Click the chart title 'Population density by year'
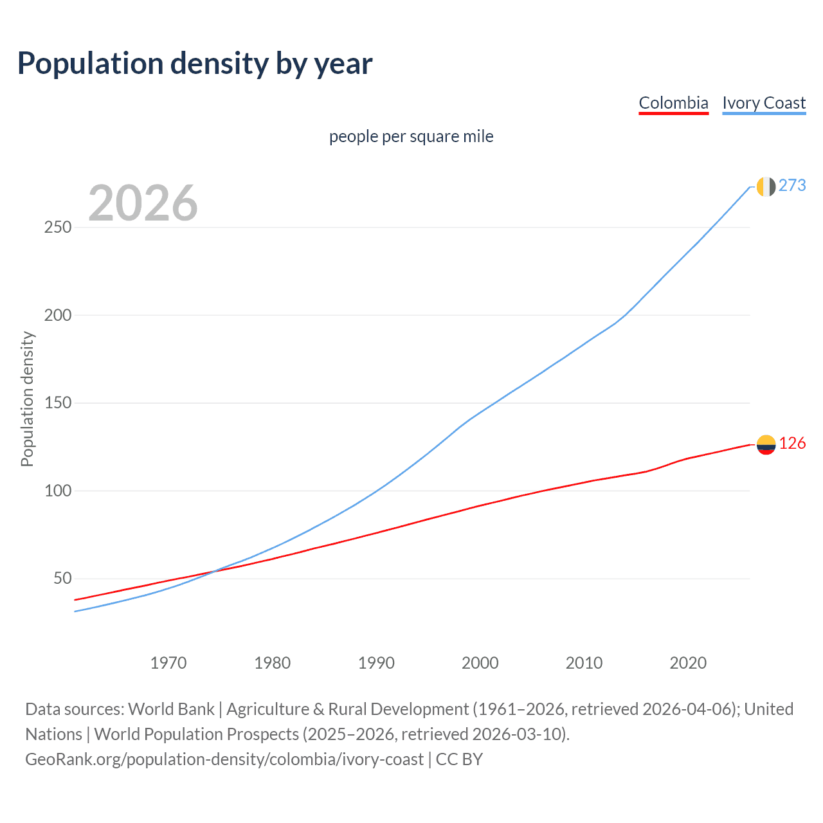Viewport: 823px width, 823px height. click(195, 64)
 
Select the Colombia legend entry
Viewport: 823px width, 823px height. click(673, 103)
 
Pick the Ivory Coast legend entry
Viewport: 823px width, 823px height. click(764, 103)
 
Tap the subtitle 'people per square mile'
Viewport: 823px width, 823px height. click(411, 137)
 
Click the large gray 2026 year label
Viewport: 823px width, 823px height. click(143, 203)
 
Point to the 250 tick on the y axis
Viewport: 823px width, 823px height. click(58, 228)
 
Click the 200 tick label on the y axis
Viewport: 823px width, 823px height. click(58, 316)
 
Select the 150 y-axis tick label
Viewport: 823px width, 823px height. click(58, 403)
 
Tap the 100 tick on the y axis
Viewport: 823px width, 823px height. click(58, 491)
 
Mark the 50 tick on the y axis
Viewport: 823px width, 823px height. click(62, 579)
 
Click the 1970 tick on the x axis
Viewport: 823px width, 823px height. click(168, 663)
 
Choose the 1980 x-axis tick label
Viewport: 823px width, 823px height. click(273, 663)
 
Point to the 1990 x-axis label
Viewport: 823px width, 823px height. click(376, 663)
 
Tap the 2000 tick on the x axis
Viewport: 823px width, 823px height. click(480, 663)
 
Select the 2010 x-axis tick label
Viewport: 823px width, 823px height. click(584, 663)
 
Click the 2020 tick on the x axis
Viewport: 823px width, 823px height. click(688, 663)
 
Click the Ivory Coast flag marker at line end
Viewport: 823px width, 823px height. click(766, 186)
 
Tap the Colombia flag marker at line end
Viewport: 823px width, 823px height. click(766, 444)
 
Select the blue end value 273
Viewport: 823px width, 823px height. click(792, 186)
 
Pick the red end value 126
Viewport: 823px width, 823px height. click(792, 444)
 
